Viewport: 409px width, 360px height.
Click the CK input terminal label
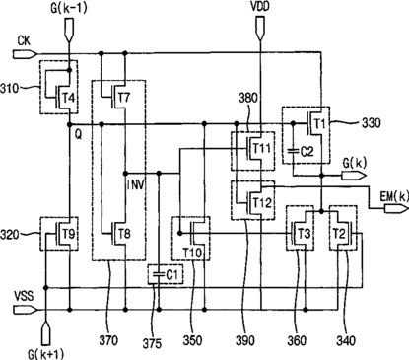(24, 40)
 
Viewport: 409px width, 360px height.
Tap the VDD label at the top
(260, 6)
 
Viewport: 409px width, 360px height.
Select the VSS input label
(24, 295)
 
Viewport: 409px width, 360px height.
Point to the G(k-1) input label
(69, 9)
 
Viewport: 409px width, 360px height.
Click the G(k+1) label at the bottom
(45, 354)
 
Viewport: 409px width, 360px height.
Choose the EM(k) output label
(394, 196)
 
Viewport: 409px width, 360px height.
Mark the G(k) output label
(355, 163)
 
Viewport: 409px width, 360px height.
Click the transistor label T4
(70, 98)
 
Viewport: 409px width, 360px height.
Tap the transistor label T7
(124, 97)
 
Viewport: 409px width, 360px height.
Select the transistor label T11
(262, 148)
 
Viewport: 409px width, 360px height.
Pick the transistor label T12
(262, 202)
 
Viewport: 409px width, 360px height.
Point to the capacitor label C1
(171, 275)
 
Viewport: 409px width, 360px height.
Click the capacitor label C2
(307, 151)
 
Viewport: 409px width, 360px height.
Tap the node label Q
(79, 135)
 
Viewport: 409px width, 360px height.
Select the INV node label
(136, 185)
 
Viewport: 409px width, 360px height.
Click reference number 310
(10, 89)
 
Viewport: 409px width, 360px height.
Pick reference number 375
(152, 343)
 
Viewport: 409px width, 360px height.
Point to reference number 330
(372, 123)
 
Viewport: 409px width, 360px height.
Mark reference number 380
(249, 98)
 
